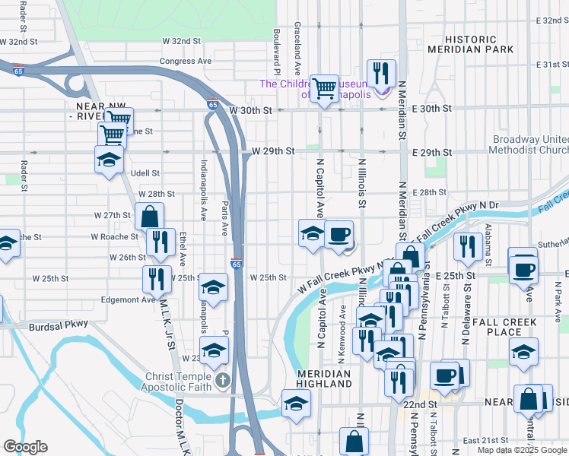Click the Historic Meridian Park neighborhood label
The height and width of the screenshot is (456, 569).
pos(459,44)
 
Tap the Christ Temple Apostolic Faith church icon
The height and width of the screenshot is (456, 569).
pos(222,379)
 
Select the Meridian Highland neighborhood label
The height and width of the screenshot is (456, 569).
pos(324,379)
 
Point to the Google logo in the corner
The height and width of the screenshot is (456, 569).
pos(25,447)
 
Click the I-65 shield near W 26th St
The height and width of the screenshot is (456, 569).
pos(237,264)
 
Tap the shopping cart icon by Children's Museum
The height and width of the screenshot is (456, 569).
pos(325,89)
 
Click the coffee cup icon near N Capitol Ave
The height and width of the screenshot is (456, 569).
pos(339,234)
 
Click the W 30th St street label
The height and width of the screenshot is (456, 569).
pos(251,110)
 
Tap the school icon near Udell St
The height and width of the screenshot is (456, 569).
pos(109,160)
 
